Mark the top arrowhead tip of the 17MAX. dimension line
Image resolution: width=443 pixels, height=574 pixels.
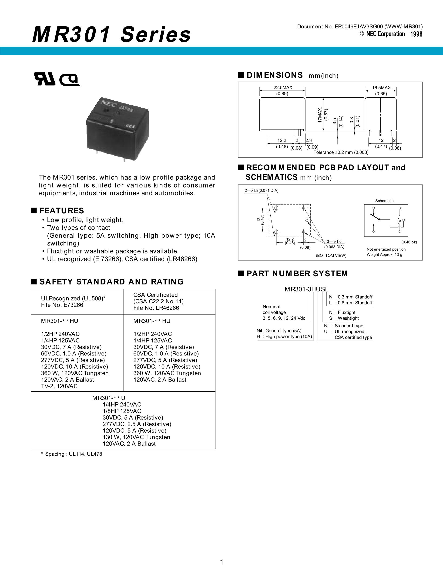point(323,98)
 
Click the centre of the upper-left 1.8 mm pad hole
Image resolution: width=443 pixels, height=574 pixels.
point(276,208)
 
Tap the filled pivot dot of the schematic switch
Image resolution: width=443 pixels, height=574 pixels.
point(379,219)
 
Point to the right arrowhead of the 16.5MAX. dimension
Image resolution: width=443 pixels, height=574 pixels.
point(396,91)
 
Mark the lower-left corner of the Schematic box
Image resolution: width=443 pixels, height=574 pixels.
point(364,236)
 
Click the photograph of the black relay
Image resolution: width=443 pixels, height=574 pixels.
point(117,128)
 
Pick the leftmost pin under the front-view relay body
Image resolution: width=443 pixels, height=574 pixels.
point(268,133)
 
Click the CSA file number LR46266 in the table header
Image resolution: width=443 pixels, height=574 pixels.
point(156,308)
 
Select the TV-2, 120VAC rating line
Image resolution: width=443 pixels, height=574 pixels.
point(59,386)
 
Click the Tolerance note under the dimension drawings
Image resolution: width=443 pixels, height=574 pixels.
point(341,152)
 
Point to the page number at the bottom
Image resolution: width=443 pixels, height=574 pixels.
point(221,562)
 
